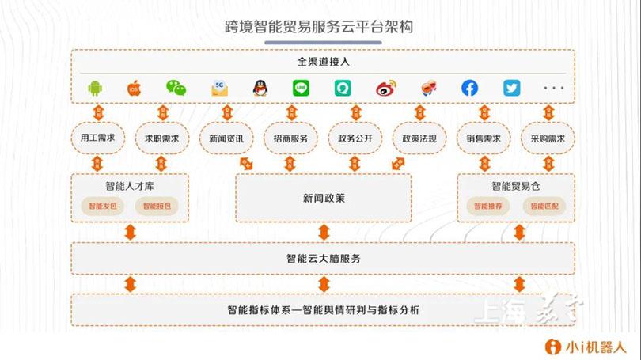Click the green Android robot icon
click(x=97, y=88)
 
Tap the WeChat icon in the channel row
click(x=176, y=88)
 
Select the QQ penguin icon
click(x=260, y=88)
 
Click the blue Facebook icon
click(x=469, y=88)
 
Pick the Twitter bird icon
click(x=512, y=88)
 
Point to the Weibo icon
click(x=385, y=88)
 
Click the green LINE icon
click(x=301, y=88)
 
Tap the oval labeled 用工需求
click(x=98, y=138)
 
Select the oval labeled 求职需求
click(x=161, y=138)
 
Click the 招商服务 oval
click(x=290, y=138)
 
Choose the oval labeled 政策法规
click(x=419, y=138)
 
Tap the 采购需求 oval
click(x=548, y=138)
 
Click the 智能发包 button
click(x=102, y=207)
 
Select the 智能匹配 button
click(x=543, y=207)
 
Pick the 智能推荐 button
click(x=487, y=207)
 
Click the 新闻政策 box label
click(x=324, y=198)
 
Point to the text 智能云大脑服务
click(x=324, y=258)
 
